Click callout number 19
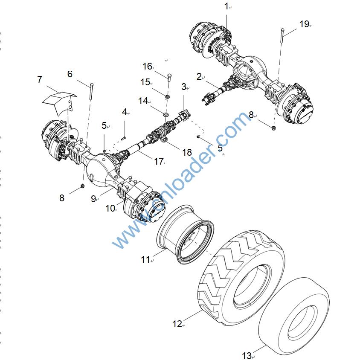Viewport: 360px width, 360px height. pyautogui.click(x=304, y=24)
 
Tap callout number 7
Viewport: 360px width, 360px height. pyautogui.click(x=40, y=80)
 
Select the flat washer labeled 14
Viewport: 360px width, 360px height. pyautogui.click(x=165, y=114)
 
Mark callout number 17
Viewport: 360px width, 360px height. pyautogui.click(x=159, y=162)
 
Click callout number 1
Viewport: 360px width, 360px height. pyautogui.click(x=227, y=6)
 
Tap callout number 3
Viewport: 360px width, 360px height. pyautogui.click(x=184, y=87)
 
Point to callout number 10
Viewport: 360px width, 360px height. pyautogui.click(x=110, y=208)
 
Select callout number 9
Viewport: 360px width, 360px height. pyautogui.click(x=93, y=199)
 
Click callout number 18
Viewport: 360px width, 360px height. pyautogui.click(x=186, y=152)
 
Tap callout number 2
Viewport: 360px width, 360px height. pyautogui.click(x=199, y=77)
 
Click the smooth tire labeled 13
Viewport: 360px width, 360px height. pyautogui.click(x=294, y=315)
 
